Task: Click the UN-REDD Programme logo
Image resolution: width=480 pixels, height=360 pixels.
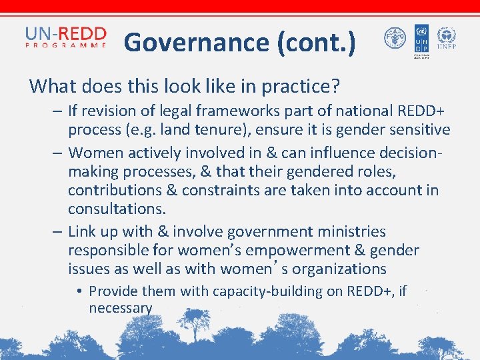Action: (x=65, y=38)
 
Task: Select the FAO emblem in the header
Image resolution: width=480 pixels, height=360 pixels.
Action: (x=395, y=38)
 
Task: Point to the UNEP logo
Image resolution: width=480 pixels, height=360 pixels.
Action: (x=445, y=39)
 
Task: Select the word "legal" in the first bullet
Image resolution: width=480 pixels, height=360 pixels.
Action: (x=163, y=111)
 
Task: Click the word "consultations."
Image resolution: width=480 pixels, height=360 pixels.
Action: (x=117, y=208)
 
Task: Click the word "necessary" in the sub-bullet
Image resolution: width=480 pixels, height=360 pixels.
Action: (x=121, y=308)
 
